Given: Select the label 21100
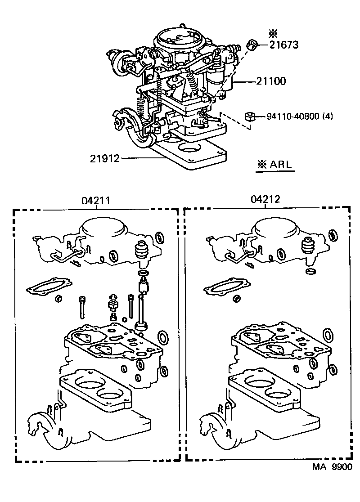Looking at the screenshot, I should coord(271,81).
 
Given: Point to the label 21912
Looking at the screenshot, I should coord(105,158).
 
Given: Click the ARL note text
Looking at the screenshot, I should coord(274,165).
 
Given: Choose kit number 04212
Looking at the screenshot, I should coord(265,200).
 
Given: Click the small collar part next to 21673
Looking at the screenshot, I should coord(252,45).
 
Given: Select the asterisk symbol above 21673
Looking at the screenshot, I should coord(273,33).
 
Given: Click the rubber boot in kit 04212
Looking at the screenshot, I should coord(308,246).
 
